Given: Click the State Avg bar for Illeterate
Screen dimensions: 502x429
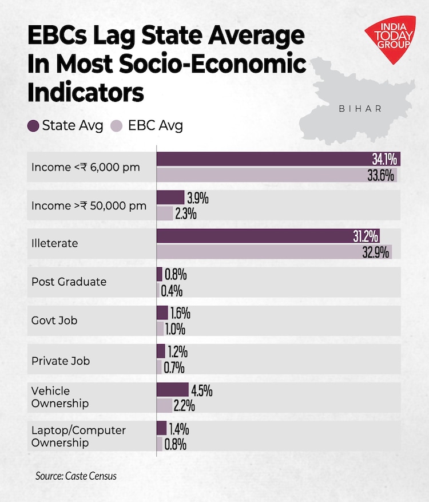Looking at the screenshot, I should pyautogui.click(x=268, y=236).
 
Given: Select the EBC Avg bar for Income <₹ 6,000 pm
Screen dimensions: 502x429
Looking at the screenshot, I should pyautogui.click(x=277, y=175).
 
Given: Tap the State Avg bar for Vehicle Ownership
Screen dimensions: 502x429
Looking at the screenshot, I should pyautogui.click(x=172, y=390).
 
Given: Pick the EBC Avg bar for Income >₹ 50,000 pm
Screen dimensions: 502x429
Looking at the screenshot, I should pyautogui.click(x=165, y=214).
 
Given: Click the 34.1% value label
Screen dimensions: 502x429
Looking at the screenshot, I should pyautogui.click(x=383, y=159).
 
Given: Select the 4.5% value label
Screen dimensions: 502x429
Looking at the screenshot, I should pyautogui.click(x=201, y=390).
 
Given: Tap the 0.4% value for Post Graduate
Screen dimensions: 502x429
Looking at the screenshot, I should pyautogui.click(x=172, y=291).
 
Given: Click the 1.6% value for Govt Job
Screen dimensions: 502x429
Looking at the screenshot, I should pyautogui.click(x=180, y=313).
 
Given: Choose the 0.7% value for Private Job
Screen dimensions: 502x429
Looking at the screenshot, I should pyautogui.click(x=174, y=367).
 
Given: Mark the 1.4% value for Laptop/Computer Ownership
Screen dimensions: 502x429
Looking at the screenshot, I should pyautogui.click(x=178, y=429).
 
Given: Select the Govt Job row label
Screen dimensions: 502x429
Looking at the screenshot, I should pyautogui.click(x=54, y=321).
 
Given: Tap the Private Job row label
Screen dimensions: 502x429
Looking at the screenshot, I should pyautogui.click(x=61, y=361).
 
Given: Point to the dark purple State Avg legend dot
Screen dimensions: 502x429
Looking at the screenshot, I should pyautogui.click(x=34, y=125).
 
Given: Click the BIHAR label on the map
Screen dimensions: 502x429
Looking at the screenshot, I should pyautogui.click(x=360, y=108).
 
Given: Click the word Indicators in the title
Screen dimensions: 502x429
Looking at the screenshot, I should pyautogui.click(x=85, y=92).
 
